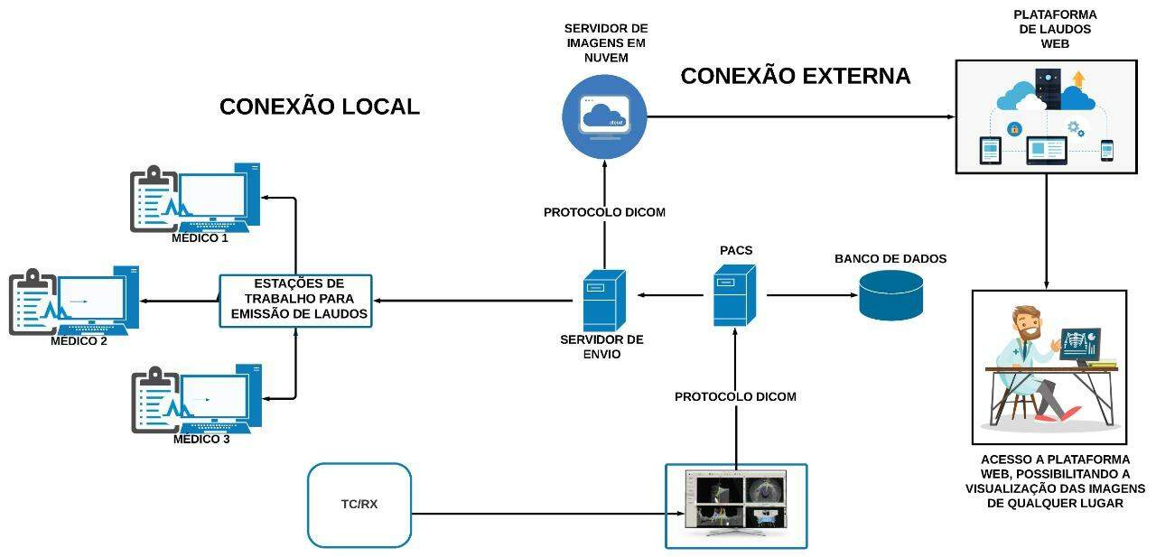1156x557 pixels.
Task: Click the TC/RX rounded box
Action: (x=359, y=505)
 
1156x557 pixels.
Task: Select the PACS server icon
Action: (x=733, y=295)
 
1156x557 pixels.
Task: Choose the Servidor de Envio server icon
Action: (x=603, y=300)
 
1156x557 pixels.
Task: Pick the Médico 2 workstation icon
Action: (x=74, y=302)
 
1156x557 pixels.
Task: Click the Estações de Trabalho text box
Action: (x=295, y=301)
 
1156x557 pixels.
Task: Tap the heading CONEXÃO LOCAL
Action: (x=320, y=107)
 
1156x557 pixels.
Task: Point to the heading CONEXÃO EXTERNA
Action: (x=795, y=76)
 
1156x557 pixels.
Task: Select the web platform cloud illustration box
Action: (x=1046, y=116)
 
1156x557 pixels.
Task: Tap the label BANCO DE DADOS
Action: (x=890, y=259)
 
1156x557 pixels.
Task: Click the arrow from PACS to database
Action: (x=810, y=295)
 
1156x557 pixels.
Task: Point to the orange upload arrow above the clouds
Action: (x=1077, y=79)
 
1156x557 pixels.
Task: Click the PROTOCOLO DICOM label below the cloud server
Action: (x=604, y=212)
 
